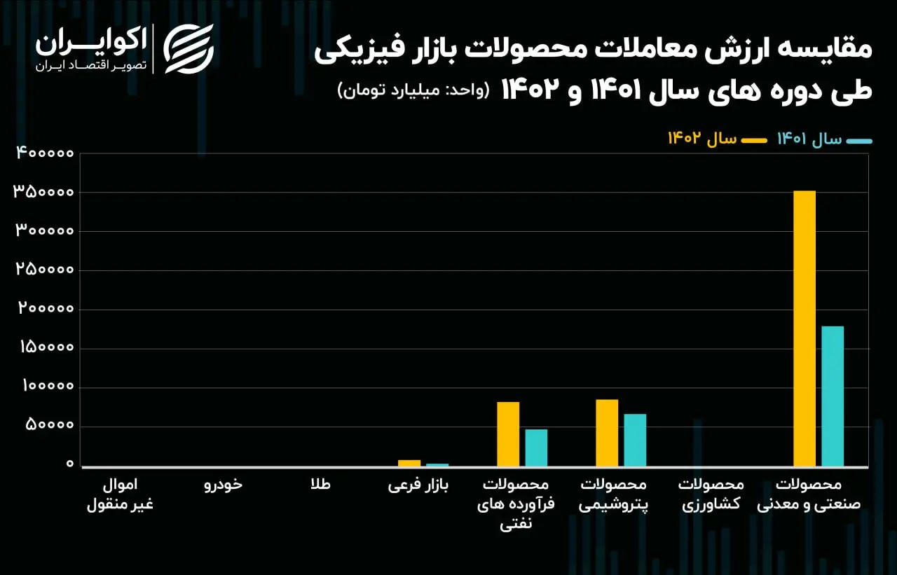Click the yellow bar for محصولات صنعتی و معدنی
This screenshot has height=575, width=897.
[804, 328]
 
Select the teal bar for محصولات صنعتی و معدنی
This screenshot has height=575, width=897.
[833, 396]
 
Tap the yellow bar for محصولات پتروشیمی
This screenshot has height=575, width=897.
[607, 433]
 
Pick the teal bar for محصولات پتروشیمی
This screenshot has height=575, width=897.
[635, 440]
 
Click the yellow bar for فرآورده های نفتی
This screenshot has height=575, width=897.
[508, 434]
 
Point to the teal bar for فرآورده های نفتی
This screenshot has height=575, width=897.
[536, 448]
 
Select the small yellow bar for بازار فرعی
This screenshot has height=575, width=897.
[409, 463]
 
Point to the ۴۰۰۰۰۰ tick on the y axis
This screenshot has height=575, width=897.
[45, 153]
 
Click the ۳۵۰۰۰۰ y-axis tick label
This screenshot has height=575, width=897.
[43, 192]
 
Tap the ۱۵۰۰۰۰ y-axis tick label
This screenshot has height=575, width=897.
[47, 347]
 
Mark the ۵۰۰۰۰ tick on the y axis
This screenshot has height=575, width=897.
[50, 424]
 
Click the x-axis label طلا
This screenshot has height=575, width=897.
[321, 484]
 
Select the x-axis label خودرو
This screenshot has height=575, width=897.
[223, 485]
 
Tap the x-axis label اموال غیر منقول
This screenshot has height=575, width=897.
[120, 494]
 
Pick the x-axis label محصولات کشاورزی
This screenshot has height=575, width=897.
[711, 494]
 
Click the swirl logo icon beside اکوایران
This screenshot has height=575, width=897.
[189, 49]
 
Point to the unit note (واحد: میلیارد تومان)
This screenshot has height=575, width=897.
[413, 90]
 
